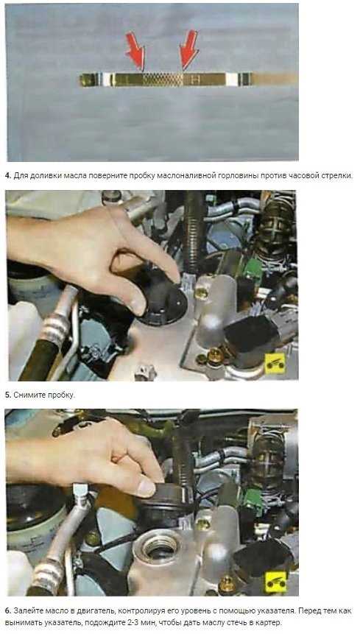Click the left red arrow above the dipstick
[x=135, y=50]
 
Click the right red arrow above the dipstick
[x=188, y=49]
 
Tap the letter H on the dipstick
[x=196, y=80]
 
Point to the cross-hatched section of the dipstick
[x=163, y=80]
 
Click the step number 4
[x=7, y=176]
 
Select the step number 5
[x=7, y=395]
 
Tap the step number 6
[x=7, y=610]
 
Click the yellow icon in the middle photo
[x=275, y=363]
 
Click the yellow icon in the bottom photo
[x=275, y=582]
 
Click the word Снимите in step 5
[x=28, y=395]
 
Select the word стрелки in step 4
[x=337, y=176]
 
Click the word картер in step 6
[x=267, y=623]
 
